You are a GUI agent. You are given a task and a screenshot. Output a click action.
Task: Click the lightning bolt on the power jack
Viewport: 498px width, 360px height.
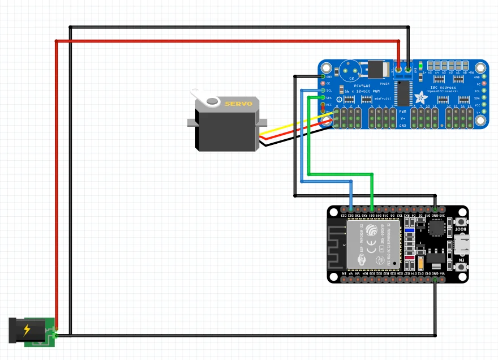27,331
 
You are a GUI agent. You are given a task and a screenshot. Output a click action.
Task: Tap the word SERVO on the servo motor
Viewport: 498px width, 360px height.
237,104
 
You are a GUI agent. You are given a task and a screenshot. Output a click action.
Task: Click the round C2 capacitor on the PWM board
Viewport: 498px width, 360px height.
351,72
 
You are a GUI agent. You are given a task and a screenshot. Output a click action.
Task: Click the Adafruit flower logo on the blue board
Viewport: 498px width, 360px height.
420,97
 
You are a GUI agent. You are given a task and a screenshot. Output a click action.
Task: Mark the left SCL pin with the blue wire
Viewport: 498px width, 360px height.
323,91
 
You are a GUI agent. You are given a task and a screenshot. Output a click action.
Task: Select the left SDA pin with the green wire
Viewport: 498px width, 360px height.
323,97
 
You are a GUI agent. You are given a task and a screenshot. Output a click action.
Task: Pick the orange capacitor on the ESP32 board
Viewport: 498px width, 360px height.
422,263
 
